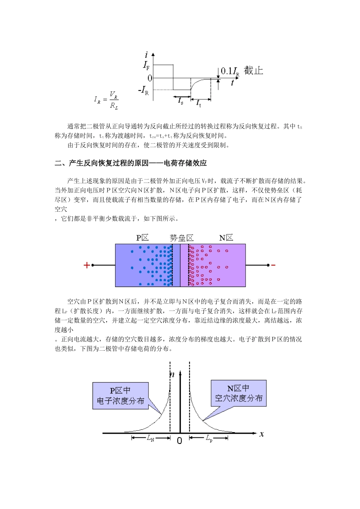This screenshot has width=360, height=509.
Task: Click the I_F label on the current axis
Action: tap(146, 65)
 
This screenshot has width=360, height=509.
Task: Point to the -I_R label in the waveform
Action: tap(144, 91)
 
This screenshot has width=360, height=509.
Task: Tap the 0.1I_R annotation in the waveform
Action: tap(230, 71)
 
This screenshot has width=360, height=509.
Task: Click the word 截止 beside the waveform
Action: tap(254, 71)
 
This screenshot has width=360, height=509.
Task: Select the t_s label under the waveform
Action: tap(181, 101)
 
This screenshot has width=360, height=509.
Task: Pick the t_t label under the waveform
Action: tap(199, 103)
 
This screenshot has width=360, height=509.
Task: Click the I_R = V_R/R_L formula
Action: tap(106, 100)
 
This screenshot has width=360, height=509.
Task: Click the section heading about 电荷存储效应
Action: tap(131, 163)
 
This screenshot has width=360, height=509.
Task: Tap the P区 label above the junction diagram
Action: tap(142, 238)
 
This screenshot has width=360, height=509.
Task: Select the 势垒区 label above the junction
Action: tap(182, 238)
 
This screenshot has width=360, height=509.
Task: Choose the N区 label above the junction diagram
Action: tap(226, 238)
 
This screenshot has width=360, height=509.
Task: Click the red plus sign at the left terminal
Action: tap(87, 265)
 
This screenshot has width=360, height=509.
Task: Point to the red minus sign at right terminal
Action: tap(273, 265)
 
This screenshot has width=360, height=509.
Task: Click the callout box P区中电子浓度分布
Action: tap(121, 396)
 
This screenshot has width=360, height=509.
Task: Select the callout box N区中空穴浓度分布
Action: tap(239, 393)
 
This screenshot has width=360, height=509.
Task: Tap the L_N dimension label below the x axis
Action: tap(151, 438)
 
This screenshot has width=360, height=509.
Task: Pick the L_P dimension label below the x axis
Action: tap(209, 438)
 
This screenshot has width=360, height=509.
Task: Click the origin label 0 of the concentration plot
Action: tap(180, 440)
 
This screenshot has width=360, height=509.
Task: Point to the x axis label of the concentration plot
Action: tap(261, 434)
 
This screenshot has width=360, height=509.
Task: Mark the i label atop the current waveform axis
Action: tap(146, 55)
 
